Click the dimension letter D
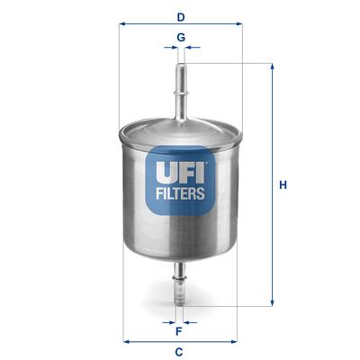tap(181, 16)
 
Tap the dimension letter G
tap(181, 37)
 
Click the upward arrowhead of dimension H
tap(273, 66)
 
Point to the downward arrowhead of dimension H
tap(273, 302)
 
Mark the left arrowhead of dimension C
tap(125, 341)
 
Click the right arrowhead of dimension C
tap(236, 341)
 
